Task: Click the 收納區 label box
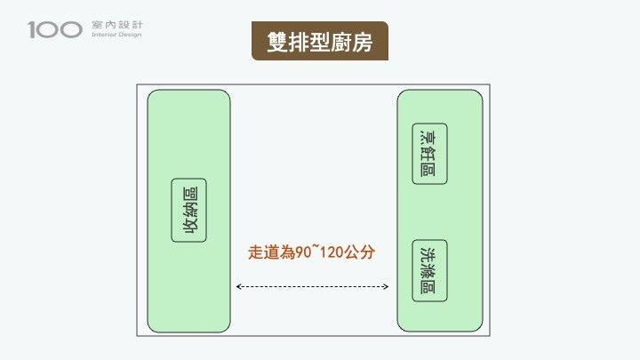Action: point(188,210)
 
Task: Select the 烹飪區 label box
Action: point(429,154)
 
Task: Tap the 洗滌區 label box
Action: point(429,270)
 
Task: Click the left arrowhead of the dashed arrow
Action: point(238,287)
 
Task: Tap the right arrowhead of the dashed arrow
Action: point(387,287)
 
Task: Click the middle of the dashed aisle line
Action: point(313,287)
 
